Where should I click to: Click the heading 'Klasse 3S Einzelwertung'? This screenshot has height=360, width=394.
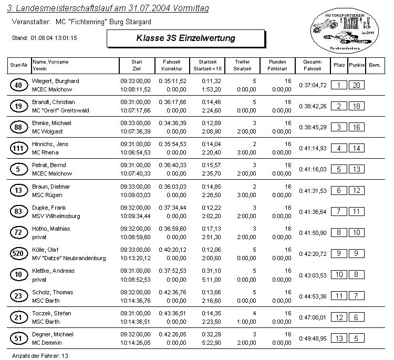click(x=185, y=38)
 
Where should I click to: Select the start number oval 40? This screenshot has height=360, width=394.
click(x=19, y=85)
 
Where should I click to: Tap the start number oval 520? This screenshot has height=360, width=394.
click(x=19, y=254)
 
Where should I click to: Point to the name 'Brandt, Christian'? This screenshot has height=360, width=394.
click(x=54, y=102)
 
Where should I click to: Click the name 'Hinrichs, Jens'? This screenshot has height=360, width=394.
click(x=50, y=144)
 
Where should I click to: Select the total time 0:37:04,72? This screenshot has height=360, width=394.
click(x=313, y=85)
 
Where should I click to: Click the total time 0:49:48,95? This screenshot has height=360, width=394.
click(x=313, y=338)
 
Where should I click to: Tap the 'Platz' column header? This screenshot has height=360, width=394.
click(x=339, y=65)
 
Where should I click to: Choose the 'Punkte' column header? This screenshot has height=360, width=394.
click(x=357, y=65)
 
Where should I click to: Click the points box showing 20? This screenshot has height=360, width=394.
click(x=357, y=85)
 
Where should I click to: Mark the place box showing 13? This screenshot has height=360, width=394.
click(x=339, y=338)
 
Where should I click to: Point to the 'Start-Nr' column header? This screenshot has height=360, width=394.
click(x=19, y=65)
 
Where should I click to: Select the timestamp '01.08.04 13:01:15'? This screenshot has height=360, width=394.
click(x=54, y=38)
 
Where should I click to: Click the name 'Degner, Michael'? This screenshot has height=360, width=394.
click(x=53, y=334)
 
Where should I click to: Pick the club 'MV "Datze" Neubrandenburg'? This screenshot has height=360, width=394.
click(x=69, y=258)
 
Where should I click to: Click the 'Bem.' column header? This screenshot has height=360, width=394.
click(x=375, y=65)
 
